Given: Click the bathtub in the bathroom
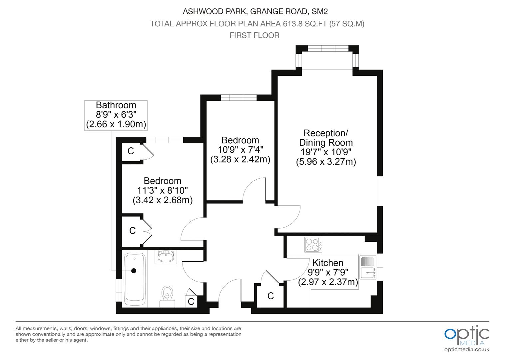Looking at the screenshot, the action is pos(135,279).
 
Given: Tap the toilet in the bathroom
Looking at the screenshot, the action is pos(167,296).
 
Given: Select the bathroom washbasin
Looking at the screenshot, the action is pos(166,257).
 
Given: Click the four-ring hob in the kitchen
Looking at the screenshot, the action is pos(313,245).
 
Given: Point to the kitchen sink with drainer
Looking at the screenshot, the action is pos(368,267).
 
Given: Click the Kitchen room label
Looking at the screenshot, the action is pos(328,263).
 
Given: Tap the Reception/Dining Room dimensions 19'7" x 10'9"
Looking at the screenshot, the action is pos(326,152).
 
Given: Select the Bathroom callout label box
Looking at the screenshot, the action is pos(116,116).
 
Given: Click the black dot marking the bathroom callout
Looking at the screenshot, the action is pos(134,271).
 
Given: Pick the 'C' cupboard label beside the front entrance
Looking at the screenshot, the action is pos(270,296).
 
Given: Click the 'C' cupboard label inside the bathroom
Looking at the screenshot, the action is pos(191,302).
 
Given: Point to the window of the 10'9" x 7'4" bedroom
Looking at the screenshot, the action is pos(239,98).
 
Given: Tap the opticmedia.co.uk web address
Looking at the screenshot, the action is pos(467,350).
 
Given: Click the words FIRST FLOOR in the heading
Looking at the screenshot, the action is pos(254,35).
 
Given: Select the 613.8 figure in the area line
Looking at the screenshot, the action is pos(293,24).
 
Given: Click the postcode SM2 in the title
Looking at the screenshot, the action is pos(319,11).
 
